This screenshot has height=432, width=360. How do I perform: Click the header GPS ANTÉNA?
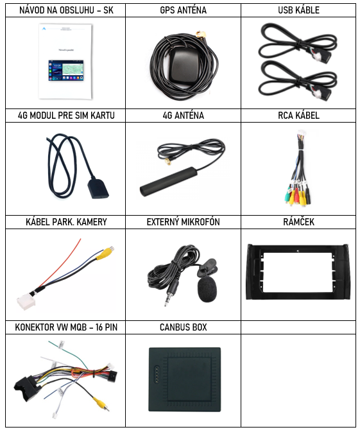point(183,10)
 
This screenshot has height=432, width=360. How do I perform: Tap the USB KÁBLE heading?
point(298,10)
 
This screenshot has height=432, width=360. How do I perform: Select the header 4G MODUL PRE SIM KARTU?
point(66,116)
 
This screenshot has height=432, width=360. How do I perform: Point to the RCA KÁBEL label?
point(298,116)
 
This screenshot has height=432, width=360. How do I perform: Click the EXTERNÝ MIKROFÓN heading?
point(183,222)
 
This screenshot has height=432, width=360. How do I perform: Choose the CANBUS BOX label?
point(183,327)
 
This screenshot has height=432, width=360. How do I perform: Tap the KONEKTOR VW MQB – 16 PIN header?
point(66,327)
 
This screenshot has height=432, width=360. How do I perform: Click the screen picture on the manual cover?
point(66,70)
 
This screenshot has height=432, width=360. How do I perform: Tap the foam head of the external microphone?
point(207,289)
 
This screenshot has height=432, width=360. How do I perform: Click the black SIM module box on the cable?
point(98,189)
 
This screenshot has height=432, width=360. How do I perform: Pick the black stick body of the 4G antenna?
point(169,182)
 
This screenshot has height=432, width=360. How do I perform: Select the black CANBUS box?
point(185,379)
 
